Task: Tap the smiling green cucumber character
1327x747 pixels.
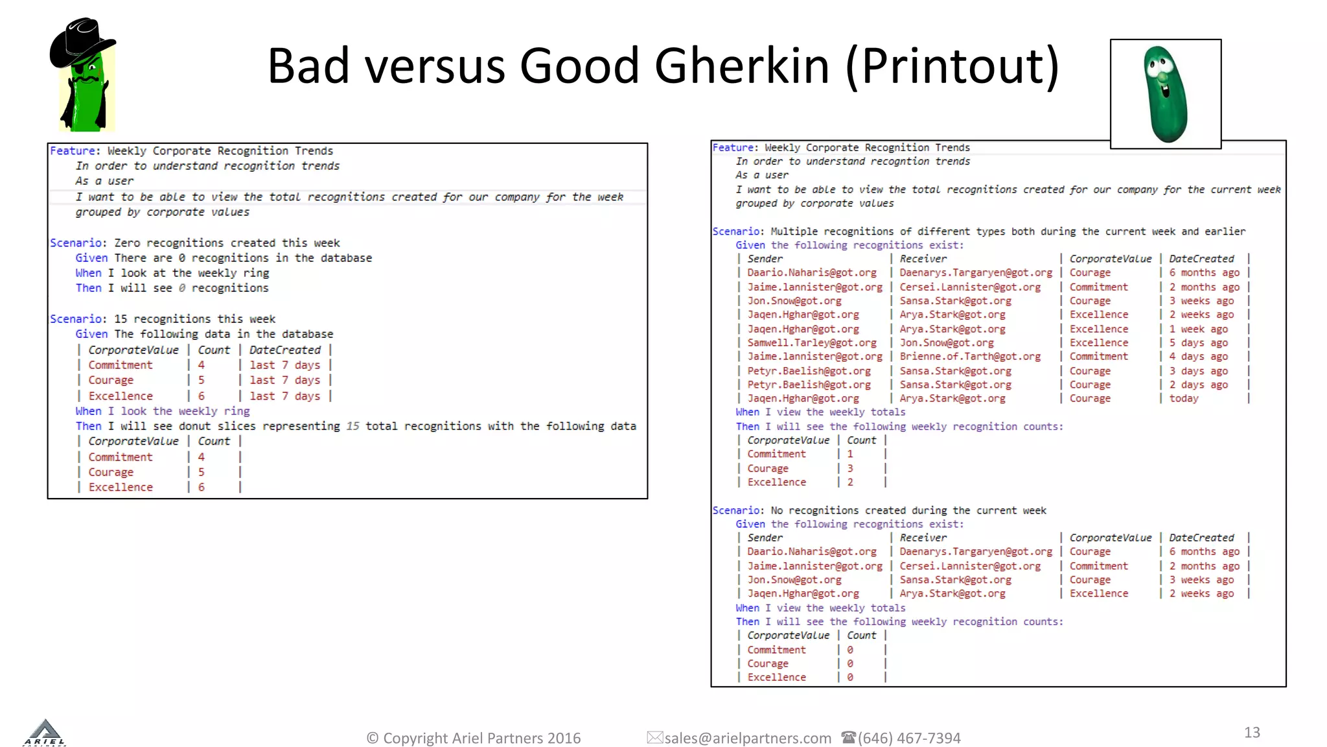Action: pyautogui.click(x=1165, y=93)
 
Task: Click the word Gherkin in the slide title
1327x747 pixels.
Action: pyautogui.click(x=742, y=66)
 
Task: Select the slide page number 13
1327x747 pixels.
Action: pyautogui.click(x=1252, y=732)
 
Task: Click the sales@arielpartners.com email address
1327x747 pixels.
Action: pyautogui.click(x=748, y=738)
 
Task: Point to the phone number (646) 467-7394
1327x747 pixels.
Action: pyautogui.click(x=909, y=738)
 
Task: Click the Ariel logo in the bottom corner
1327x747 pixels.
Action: pyautogui.click(x=45, y=733)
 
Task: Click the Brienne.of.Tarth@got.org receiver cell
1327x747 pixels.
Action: pyautogui.click(x=969, y=357)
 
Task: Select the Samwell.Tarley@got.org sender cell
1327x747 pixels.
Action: pyautogui.click(x=811, y=342)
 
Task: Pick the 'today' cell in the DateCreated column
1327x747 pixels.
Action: pyautogui.click(x=1184, y=399)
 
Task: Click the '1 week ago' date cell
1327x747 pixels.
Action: pyautogui.click(x=1198, y=329)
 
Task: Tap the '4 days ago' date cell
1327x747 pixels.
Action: pyautogui.click(x=1198, y=357)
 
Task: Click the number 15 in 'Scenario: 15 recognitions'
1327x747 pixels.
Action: pyautogui.click(x=121, y=319)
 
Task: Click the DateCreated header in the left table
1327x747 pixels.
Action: pyautogui.click(x=284, y=350)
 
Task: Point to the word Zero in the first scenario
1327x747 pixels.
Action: pyautogui.click(x=127, y=243)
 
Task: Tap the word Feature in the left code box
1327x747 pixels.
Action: pyautogui.click(x=73, y=151)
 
